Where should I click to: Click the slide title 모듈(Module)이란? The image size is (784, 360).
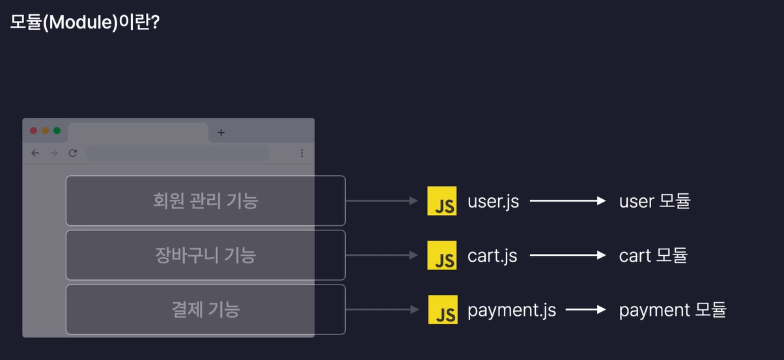pyautogui.click(x=85, y=22)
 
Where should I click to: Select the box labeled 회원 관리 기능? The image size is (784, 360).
pyautogui.click(x=205, y=201)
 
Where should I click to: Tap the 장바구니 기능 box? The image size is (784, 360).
pyautogui.click(x=205, y=255)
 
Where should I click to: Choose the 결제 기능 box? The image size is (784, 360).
pyautogui.click(x=205, y=309)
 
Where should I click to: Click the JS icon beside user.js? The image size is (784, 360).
pyautogui.click(x=442, y=201)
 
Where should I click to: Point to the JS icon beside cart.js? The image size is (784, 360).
pyautogui.click(x=442, y=255)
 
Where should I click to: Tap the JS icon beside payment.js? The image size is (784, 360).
pyautogui.click(x=442, y=310)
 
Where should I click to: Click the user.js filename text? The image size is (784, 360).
pyautogui.click(x=493, y=201)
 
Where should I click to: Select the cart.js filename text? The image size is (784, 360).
pyautogui.click(x=492, y=255)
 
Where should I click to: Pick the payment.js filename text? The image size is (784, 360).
pyautogui.click(x=512, y=310)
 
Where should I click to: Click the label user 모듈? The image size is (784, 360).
pyautogui.click(x=654, y=201)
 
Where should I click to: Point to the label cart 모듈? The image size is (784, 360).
pyautogui.click(x=653, y=255)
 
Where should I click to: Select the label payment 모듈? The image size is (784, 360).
pyautogui.click(x=672, y=310)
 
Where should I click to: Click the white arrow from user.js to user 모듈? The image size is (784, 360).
pyautogui.click(x=568, y=201)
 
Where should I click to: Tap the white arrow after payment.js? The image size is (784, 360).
pyautogui.click(x=586, y=310)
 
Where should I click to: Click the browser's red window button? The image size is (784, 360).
pyautogui.click(x=34, y=131)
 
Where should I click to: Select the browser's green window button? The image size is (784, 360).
pyautogui.click(x=57, y=131)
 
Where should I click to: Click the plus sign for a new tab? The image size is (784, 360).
pyautogui.click(x=221, y=133)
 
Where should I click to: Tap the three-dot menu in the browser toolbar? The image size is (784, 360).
pyautogui.click(x=302, y=153)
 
